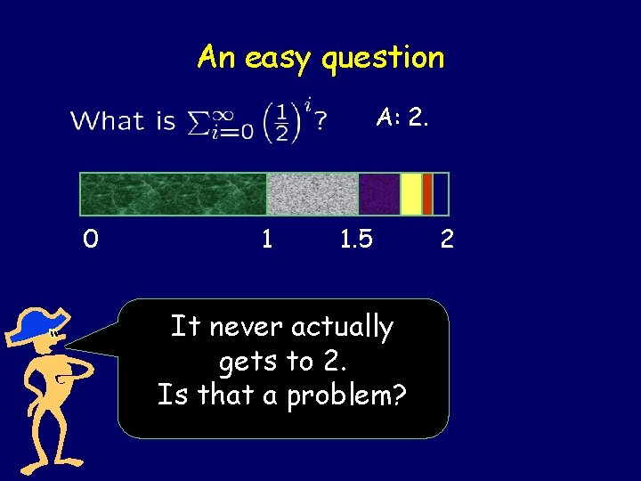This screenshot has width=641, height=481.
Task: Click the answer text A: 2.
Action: pyautogui.click(x=402, y=117)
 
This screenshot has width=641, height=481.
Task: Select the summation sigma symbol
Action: pyautogui.click(x=198, y=122)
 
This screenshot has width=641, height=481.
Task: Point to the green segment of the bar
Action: pyautogui.click(x=174, y=194)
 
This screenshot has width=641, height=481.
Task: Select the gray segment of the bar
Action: pyautogui.click(x=312, y=194)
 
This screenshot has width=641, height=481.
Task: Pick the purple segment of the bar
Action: pyautogui.click(x=378, y=194)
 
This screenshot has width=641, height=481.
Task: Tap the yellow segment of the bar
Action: pyautogui.click(x=410, y=194)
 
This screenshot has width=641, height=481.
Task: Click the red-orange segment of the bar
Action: pyautogui.click(x=427, y=194)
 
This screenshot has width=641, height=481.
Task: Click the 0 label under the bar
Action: pyautogui.click(x=91, y=240)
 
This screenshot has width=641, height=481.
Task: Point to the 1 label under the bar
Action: pyautogui.click(x=265, y=240)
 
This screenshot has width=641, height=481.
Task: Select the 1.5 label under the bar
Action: pyautogui.click(x=356, y=240)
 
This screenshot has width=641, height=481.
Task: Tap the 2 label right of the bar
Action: pyautogui.click(x=447, y=240)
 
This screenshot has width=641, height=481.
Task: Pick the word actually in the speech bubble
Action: pyautogui.click(x=343, y=328)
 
